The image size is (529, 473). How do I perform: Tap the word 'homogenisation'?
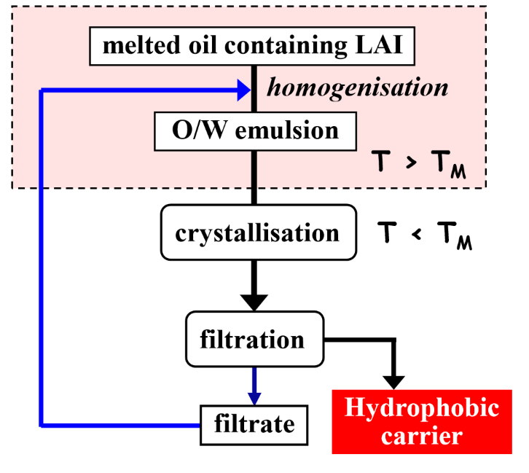tap(356, 88)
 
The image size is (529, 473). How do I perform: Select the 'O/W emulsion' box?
tap(254, 130)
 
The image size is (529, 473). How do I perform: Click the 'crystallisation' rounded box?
tap(257, 233)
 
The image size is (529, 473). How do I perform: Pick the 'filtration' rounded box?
tap(254, 339)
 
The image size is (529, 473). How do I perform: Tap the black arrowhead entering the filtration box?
tap(254, 299)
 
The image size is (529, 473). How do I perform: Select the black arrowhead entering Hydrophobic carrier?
tap(394, 379)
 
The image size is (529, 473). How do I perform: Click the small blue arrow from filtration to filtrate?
tap(254, 387)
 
